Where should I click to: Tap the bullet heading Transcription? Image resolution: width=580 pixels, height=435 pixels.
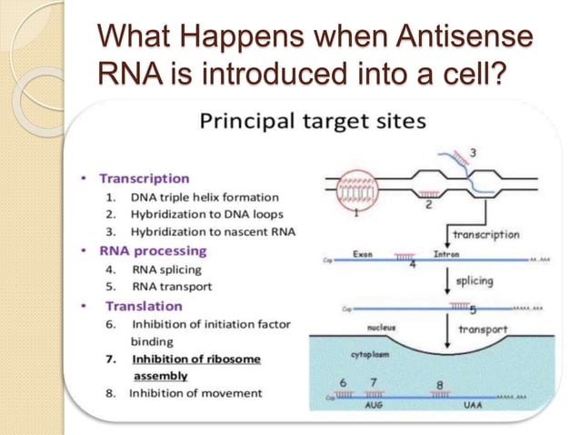coord(144,178)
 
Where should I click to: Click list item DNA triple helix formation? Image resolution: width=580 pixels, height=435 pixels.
coord(205,197)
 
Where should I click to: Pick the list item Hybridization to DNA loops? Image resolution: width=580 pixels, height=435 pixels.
coord(205,215)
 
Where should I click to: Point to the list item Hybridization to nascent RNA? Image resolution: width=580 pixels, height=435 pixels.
coord(213,233)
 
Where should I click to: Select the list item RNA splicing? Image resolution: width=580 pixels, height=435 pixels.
coord(166,269)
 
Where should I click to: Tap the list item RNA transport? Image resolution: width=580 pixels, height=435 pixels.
coord(172,288)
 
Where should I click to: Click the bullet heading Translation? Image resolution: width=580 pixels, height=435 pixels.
coord(144,306)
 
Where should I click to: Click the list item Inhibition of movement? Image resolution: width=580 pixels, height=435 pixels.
coord(195,393)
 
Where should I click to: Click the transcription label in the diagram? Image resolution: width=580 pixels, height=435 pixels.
coord(485,234)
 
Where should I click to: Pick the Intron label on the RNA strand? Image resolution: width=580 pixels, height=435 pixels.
coord(446,254)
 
